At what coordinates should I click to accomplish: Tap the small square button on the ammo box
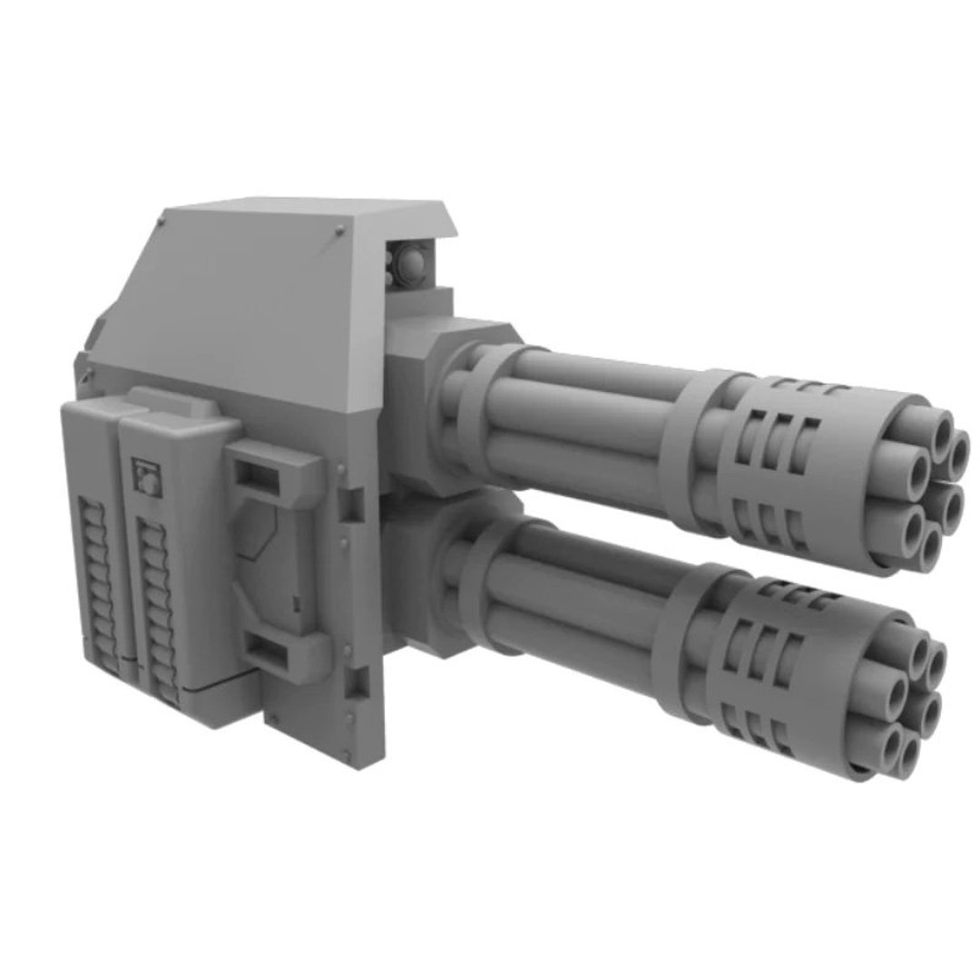pyautogui.click(x=145, y=475)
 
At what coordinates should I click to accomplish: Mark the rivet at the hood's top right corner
pyautogui.click(x=339, y=227)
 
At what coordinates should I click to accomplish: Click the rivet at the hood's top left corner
pyautogui.click(x=162, y=221)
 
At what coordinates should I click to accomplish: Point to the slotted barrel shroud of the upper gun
pyautogui.click(x=799, y=463)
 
